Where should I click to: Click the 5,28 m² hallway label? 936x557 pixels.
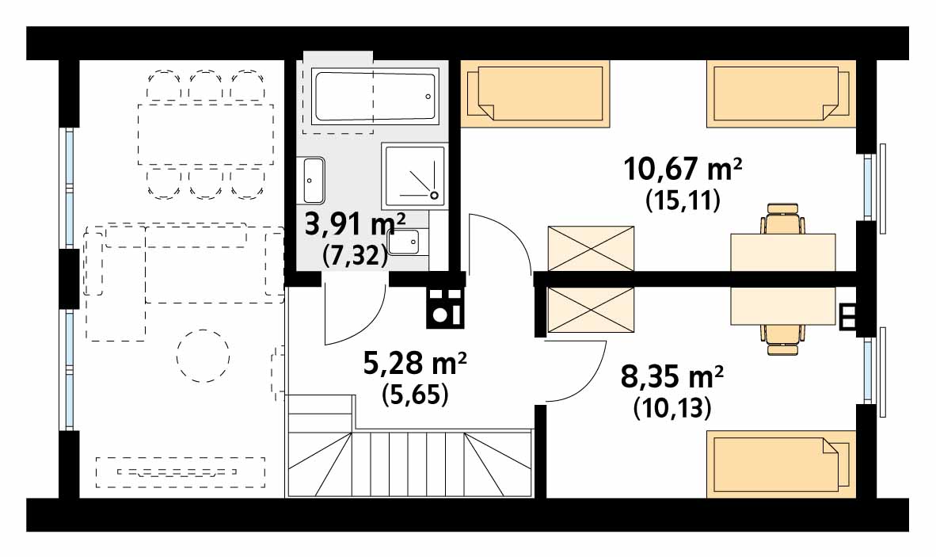click(415, 362)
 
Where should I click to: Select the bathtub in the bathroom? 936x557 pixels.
click(375, 97)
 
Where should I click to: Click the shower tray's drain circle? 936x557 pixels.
click(435, 195)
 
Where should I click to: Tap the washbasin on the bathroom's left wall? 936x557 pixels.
click(314, 180)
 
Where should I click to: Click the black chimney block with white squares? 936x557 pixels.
click(445, 308)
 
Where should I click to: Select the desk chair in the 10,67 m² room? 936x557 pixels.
click(782, 219)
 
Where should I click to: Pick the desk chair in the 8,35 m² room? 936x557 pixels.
click(782, 340)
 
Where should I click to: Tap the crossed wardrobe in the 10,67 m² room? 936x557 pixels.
click(591, 248)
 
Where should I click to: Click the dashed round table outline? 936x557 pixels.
click(203, 355)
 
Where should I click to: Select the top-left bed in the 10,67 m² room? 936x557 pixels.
click(535, 93)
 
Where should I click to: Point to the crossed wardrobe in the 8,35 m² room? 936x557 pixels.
click(591, 309)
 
